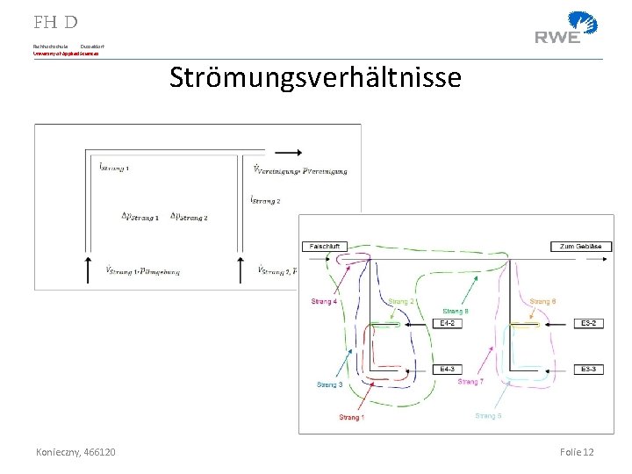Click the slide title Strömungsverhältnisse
coord(315,78)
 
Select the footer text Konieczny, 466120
coord(75,451)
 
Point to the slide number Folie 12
coord(577,451)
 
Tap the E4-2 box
coord(447,323)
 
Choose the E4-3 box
coord(447,370)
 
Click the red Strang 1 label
coord(351,417)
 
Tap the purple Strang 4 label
coord(324,302)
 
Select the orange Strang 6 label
coord(542,302)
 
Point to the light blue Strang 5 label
coord(488,415)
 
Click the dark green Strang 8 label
coord(455,311)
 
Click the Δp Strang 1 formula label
coord(140,217)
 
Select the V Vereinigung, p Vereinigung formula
coord(299,170)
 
